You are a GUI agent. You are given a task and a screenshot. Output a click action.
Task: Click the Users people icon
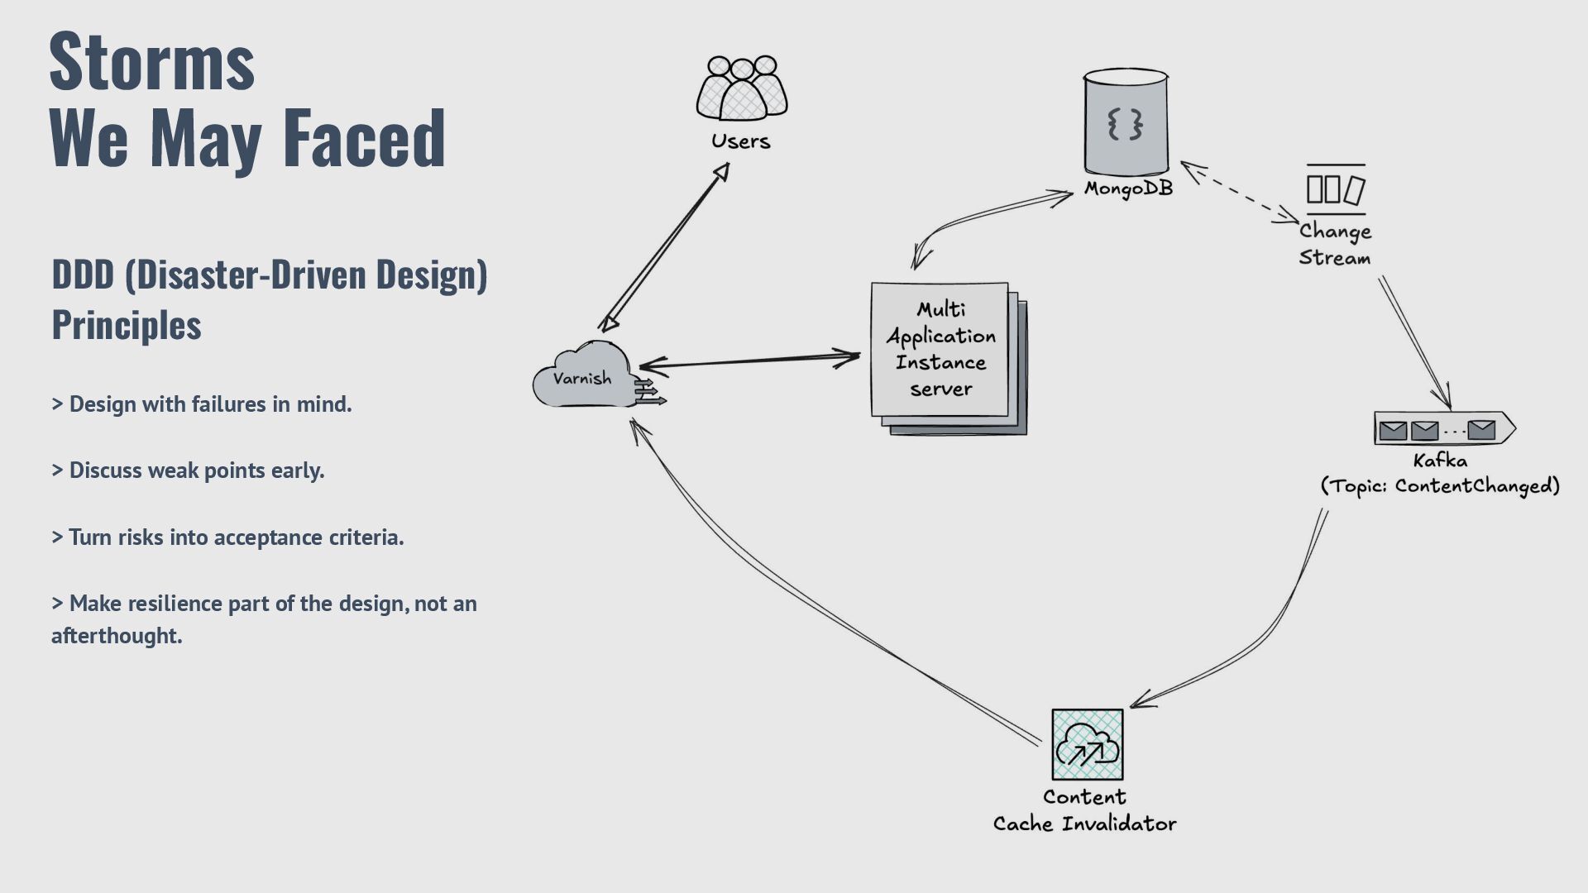[x=741, y=88]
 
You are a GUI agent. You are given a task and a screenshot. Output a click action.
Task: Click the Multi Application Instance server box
[x=940, y=350]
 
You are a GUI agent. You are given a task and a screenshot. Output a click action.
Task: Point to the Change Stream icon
[x=1335, y=189]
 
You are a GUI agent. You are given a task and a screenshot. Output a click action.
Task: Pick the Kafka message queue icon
[x=1443, y=429]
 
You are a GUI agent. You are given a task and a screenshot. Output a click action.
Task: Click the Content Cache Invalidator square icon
[x=1087, y=744]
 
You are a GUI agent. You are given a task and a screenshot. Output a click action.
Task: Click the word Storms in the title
[x=152, y=61]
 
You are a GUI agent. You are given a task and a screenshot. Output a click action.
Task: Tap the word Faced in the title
[x=364, y=137]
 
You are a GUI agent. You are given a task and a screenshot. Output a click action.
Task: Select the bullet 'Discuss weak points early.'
[x=189, y=470]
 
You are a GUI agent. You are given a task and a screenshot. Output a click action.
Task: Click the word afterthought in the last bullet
[x=117, y=636]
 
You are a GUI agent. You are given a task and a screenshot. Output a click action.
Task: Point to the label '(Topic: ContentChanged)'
[x=1440, y=485]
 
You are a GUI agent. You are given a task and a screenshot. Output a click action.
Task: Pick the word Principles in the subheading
[x=127, y=325]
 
